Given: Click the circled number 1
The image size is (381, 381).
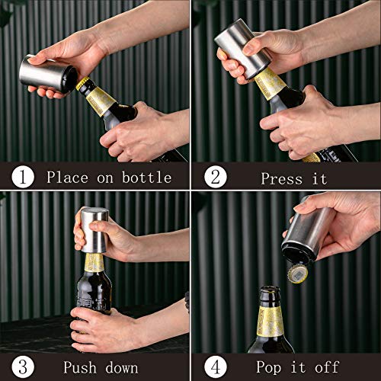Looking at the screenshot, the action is click(23, 177).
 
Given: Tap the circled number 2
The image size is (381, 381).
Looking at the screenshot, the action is click(216, 177).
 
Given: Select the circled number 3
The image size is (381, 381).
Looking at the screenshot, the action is click(23, 367).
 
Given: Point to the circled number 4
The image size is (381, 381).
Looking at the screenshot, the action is click(216, 367).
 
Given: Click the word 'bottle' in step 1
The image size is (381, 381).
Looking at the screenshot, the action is click(147, 177).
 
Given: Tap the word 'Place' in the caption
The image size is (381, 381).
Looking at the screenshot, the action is click(67, 177).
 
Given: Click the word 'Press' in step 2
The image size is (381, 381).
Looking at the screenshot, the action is click(282, 179).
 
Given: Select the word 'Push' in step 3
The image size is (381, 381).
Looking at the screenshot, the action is click(80, 367).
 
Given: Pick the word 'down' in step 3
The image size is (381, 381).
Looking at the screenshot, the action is click(122, 368).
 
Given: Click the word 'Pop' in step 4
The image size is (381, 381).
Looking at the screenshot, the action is click(269, 367).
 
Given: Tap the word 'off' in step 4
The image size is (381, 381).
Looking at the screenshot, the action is click(327, 367).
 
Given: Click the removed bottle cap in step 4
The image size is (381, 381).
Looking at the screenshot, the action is click(298, 274).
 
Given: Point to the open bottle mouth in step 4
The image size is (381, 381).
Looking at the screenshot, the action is click(270, 290).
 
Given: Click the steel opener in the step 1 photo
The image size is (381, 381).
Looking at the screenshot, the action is click(48, 74).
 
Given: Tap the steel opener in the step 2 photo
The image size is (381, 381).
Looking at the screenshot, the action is click(243, 49).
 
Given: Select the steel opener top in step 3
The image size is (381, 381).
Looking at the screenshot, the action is click(94, 230).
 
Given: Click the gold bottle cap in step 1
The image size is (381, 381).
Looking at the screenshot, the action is click(82, 83).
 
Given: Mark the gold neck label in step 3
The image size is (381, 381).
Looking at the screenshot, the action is click(94, 263).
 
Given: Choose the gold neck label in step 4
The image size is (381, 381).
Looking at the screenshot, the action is click(271, 322).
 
